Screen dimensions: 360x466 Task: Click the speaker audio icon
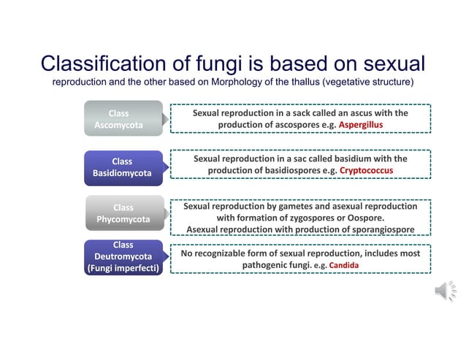coord(445,292)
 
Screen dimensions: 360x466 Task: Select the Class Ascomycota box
coord(121,119)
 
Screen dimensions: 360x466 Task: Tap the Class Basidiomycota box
coord(121,167)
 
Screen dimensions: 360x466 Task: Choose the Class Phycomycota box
coord(123,213)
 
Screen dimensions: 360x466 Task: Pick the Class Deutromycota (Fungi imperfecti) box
coord(123,257)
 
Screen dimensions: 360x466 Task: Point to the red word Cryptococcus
coord(366,170)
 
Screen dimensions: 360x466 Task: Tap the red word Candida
coord(344,266)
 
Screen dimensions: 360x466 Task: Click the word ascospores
coord(286,125)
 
